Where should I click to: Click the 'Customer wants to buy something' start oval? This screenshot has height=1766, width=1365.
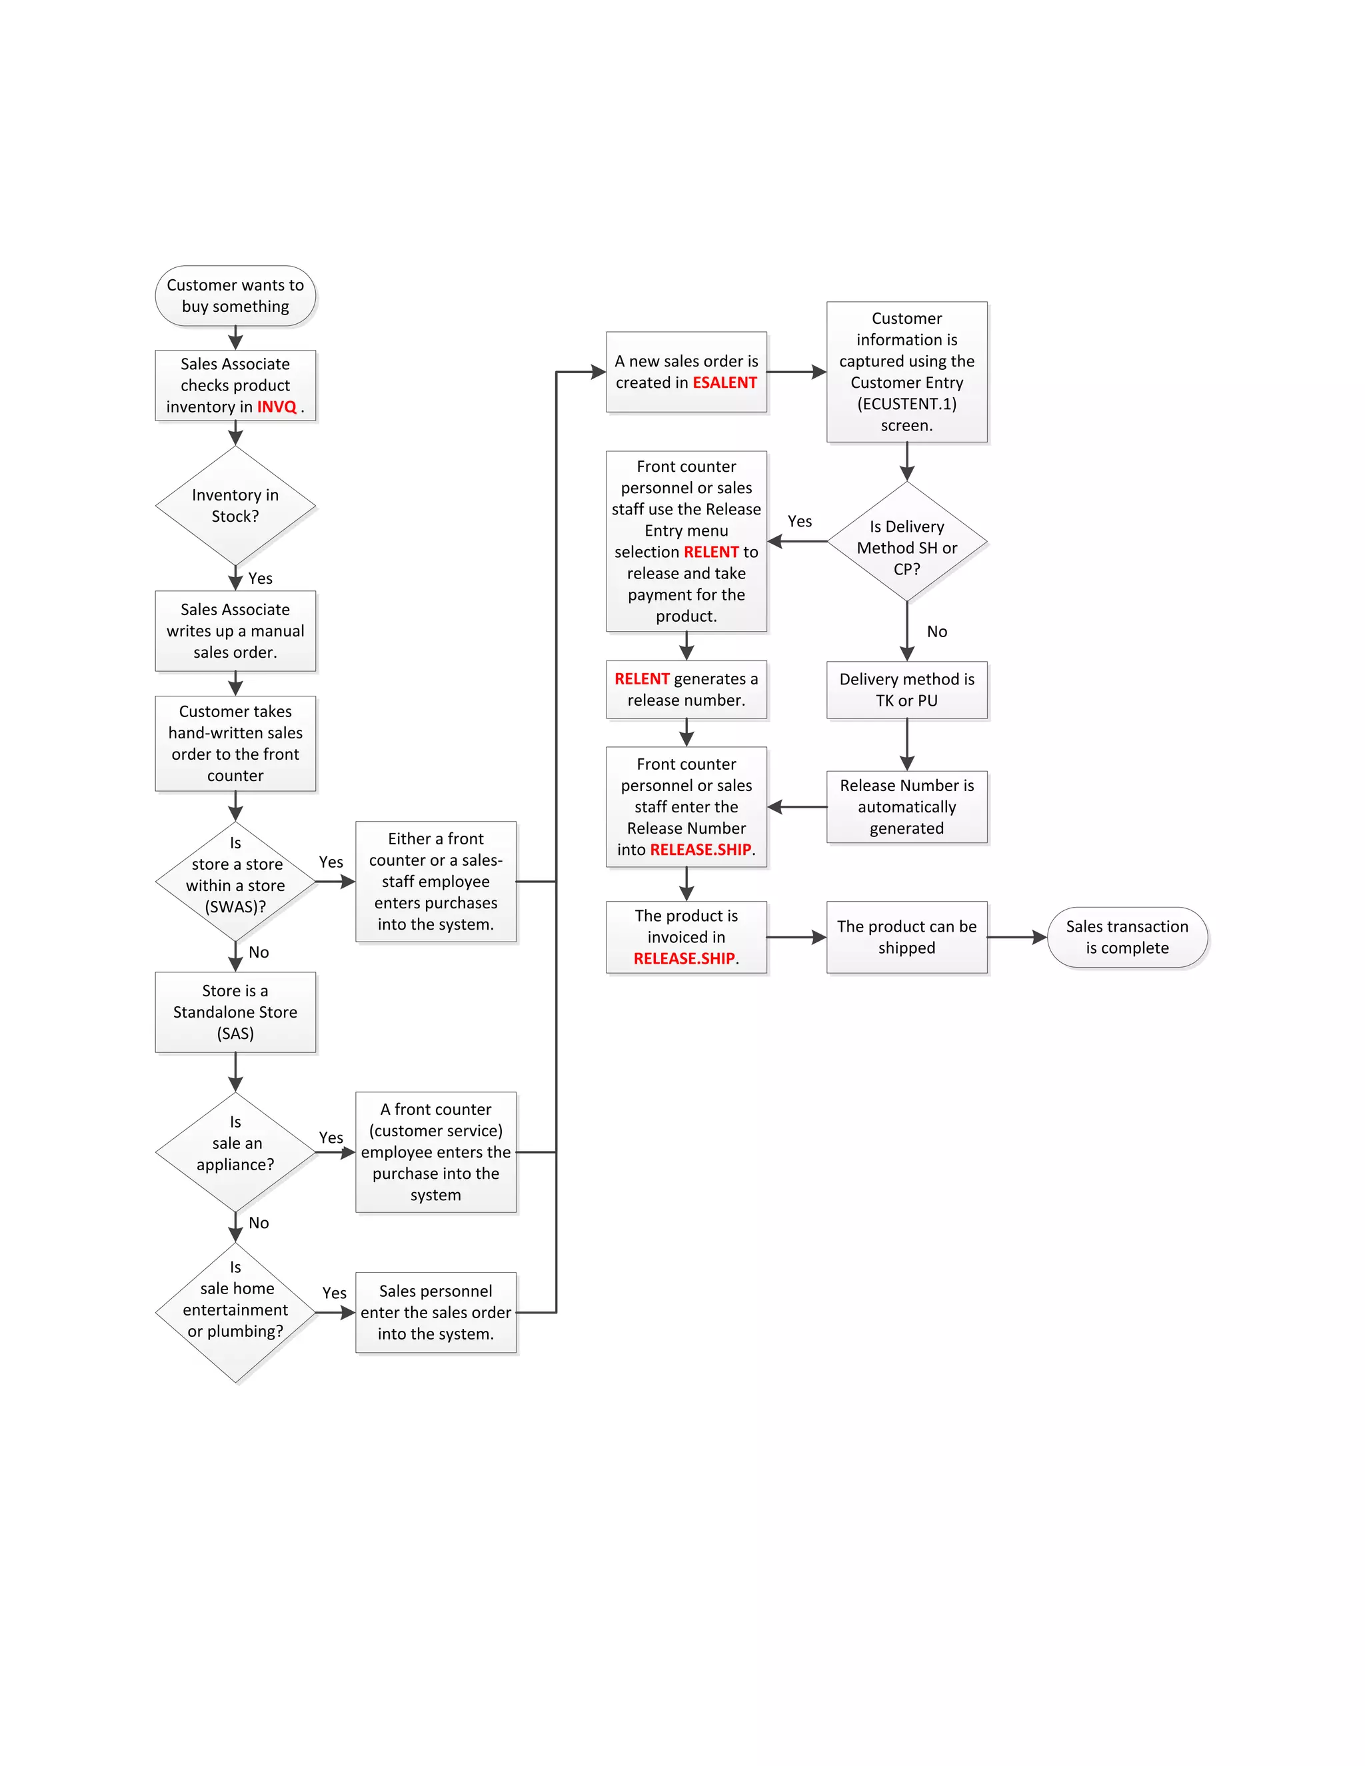click(x=235, y=296)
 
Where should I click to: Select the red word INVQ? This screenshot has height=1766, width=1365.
click(x=277, y=407)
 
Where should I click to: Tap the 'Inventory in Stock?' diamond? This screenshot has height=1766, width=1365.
click(x=235, y=505)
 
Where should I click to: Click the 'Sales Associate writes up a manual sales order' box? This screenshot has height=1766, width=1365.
click(x=235, y=630)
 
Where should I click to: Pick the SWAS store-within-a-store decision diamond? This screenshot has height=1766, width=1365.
click(x=235, y=882)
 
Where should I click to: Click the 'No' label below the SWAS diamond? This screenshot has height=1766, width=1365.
click(x=259, y=952)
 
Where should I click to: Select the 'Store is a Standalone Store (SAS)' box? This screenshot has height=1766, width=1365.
click(x=235, y=1012)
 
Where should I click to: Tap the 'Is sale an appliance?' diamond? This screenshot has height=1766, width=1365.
click(x=235, y=1152)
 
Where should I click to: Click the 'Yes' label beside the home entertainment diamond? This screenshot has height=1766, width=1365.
click(x=334, y=1293)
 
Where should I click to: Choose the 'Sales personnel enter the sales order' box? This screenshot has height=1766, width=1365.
click(x=436, y=1312)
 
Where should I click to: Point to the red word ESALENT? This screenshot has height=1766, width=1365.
click(x=724, y=383)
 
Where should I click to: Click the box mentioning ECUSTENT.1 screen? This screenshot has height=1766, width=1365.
click(x=906, y=372)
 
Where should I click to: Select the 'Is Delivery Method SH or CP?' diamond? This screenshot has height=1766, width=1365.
click(x=906, y=542)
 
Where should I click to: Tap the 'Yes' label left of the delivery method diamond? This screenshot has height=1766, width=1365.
click(x=800, y=522)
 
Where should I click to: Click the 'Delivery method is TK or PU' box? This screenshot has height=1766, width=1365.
click(x=906, y=690)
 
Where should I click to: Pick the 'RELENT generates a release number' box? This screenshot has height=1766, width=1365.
click(x=686, y=690)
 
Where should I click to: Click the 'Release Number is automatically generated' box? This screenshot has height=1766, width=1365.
click(x=906, y=806)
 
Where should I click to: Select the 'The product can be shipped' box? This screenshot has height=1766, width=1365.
click(x=906, y=937)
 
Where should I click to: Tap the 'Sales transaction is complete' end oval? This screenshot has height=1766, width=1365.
click(x=1126, y=937)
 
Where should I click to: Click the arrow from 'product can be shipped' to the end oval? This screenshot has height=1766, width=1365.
click(x=1016, y=937)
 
